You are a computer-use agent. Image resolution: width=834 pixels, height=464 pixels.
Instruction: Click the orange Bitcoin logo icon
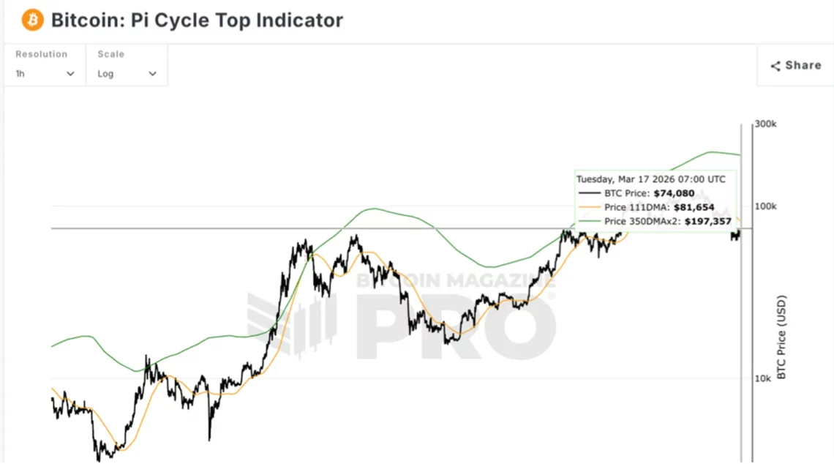32,20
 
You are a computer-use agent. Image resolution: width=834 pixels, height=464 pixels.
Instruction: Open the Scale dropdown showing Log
127,73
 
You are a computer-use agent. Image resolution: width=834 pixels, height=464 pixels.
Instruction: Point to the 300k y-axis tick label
765,124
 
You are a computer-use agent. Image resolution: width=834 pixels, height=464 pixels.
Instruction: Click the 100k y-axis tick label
765,207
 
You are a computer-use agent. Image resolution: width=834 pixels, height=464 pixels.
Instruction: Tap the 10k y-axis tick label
762,378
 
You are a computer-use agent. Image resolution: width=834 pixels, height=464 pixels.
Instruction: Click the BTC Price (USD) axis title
781,337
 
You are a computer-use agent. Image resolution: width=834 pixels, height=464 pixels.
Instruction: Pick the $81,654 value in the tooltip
694,208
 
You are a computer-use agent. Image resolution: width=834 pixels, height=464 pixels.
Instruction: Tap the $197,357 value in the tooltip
708,221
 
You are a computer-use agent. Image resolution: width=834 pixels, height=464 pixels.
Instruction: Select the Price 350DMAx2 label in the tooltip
642,221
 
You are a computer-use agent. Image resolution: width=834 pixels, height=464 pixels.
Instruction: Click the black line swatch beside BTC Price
590,194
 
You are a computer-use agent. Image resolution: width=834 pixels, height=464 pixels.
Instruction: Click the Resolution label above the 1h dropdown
41,54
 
